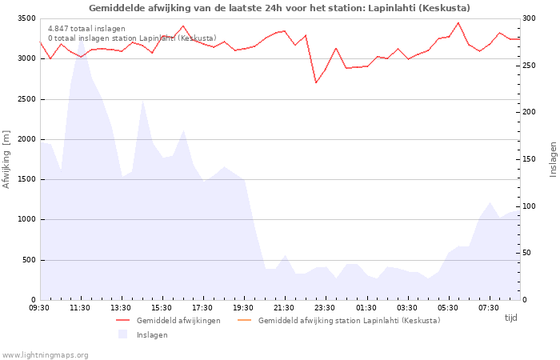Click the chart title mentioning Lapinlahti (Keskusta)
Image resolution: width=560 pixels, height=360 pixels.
279,8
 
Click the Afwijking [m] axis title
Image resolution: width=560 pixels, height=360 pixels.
6,159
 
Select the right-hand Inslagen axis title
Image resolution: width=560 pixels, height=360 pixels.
553,159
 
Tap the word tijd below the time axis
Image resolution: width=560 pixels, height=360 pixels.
510,318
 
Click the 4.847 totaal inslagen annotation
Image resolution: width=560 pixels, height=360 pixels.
86,29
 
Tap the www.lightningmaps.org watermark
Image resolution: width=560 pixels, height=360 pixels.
46,354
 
